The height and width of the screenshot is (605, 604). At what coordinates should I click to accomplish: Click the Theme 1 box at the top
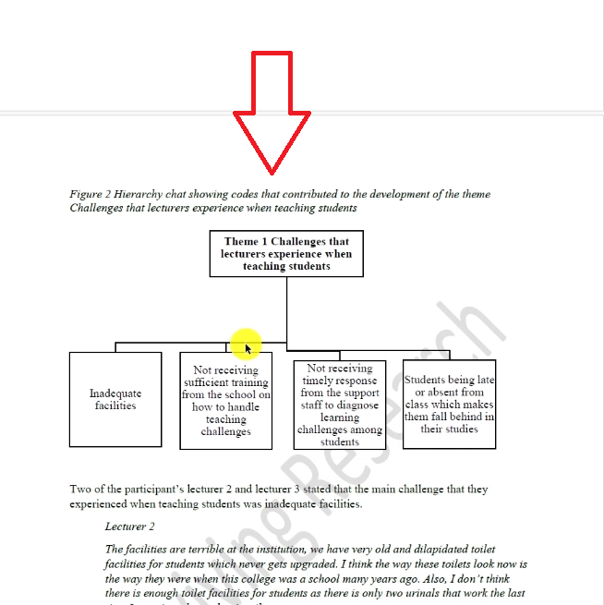coord(286,254)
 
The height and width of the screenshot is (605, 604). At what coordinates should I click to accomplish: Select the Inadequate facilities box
coord(115,399)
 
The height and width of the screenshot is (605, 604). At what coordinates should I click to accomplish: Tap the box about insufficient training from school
coord(226,401)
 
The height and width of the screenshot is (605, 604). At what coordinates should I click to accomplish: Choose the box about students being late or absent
coord(450,405)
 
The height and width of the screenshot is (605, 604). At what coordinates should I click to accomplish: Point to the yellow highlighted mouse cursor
coord(247,345)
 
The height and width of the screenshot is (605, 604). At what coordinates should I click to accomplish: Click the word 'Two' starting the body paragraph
coord(79,490)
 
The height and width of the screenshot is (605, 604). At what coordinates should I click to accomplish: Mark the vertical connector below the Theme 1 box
coord(286,309)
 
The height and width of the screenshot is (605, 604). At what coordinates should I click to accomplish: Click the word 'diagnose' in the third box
coord(356,405)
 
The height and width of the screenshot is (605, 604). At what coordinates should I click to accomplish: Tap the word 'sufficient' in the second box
coord(213,382)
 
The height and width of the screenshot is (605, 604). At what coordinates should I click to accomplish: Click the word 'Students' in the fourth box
coord(426,380)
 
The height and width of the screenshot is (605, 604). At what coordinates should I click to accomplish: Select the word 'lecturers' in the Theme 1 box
coord(248,254)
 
